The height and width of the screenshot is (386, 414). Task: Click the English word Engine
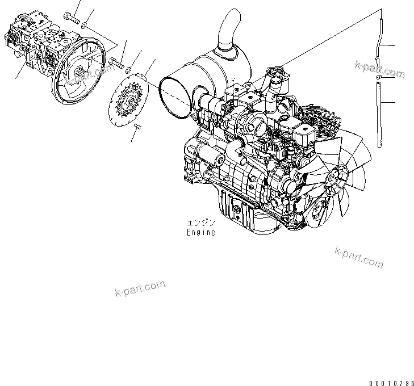point(201,232)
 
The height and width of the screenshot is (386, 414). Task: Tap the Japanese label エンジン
point(201,223)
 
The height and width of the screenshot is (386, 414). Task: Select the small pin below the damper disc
point(138,127)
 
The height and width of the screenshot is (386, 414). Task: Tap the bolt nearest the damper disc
point(116,63)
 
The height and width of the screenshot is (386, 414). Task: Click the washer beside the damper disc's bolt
point(128,70)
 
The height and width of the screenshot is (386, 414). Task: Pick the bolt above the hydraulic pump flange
point(72,18)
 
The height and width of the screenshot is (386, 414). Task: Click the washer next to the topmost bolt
point(83,26)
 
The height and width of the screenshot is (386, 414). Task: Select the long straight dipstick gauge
point(379,115)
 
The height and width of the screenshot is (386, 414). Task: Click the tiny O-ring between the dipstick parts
point(378,77)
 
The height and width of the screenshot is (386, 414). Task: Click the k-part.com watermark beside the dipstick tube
point(379,69)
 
